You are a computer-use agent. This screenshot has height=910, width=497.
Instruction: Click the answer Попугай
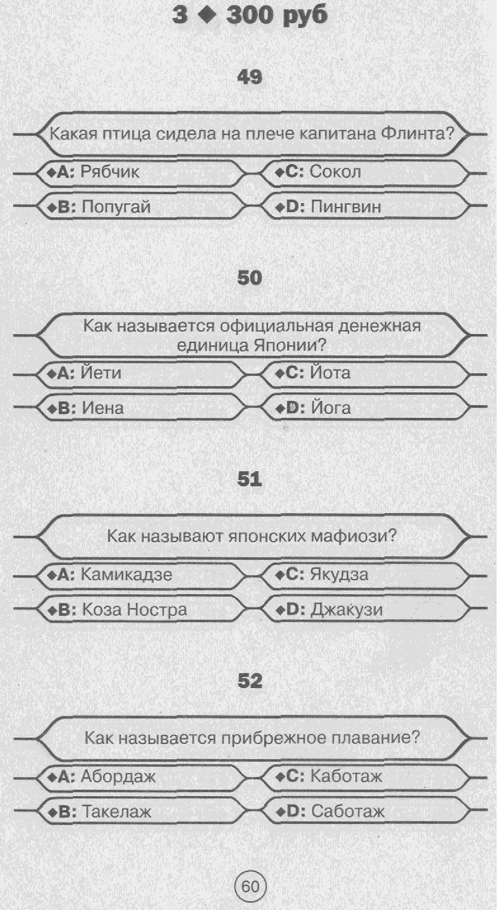click(116, 207)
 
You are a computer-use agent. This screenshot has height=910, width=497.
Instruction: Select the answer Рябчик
click(110, 172)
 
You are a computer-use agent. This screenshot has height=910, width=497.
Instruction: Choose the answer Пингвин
click(346, 207)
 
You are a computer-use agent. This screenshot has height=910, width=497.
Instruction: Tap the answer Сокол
click(335, 172)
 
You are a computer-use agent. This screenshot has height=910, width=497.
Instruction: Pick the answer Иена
click(103, 408)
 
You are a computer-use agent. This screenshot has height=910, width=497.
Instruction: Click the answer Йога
click(331, 408)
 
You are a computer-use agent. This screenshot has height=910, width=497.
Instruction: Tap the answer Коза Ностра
click(134, 610)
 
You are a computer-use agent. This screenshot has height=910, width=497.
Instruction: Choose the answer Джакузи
click(346, 610)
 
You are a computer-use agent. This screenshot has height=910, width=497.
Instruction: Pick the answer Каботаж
click(346, 776)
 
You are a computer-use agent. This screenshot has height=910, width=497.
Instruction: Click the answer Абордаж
click(118, 776)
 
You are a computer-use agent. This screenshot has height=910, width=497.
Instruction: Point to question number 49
click(250, 77)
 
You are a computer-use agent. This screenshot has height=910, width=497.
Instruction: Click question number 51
click(250, 479)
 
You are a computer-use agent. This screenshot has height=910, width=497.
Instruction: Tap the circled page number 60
click(250, 886)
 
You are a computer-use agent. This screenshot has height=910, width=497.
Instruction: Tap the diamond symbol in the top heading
click(207, 16)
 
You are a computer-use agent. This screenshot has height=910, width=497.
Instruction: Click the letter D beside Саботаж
click(293, 811)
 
